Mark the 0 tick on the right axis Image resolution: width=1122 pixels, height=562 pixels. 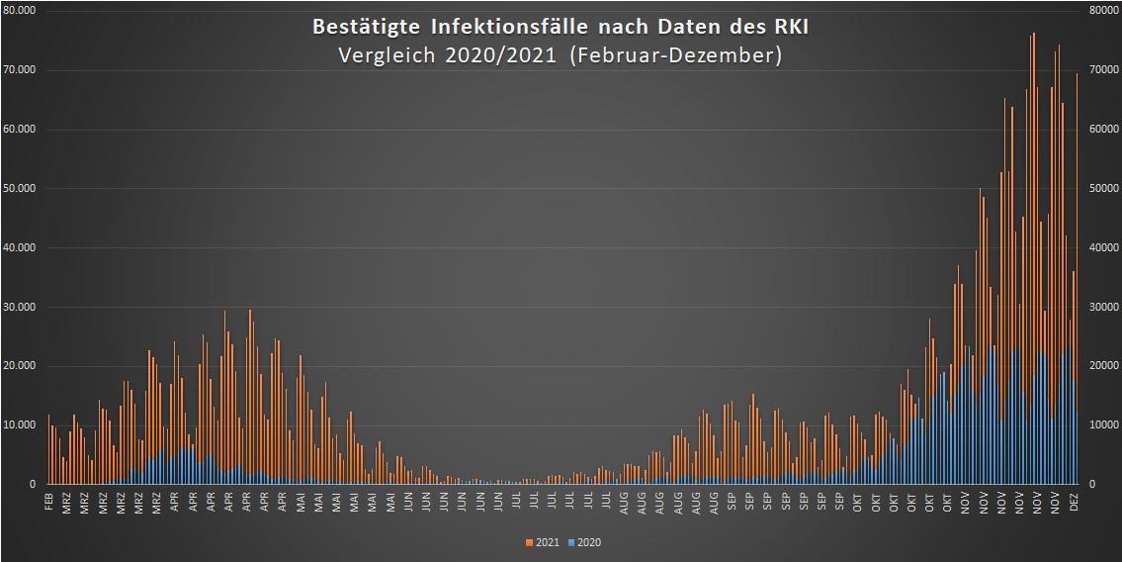[x=1091, y=485]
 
